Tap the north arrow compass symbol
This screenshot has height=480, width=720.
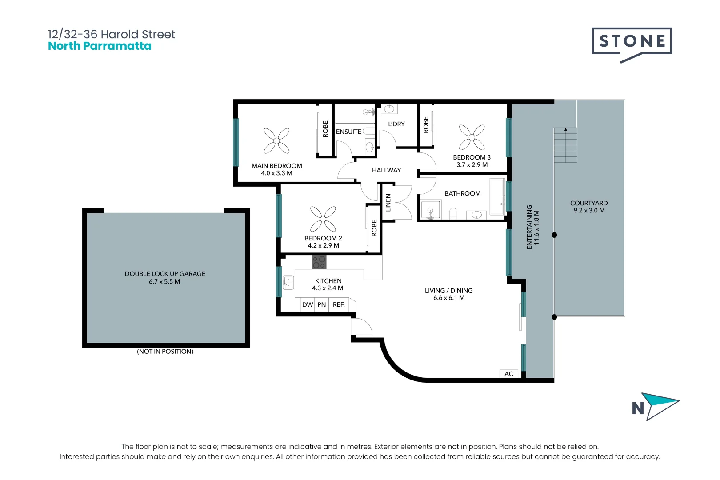[656, 406]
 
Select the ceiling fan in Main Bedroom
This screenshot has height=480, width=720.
[276, 140]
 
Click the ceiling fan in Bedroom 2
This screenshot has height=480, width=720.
[323, 219]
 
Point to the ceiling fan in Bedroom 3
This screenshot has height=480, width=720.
[472, 137]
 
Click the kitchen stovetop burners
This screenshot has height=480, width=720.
[319, 262]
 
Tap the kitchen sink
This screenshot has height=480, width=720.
[288, 282]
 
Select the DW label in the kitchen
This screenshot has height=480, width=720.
[308, 304]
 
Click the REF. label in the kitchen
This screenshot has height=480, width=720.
[339, 304]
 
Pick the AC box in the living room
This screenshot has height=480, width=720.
[509, 374]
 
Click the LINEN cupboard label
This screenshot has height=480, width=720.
[388, 203]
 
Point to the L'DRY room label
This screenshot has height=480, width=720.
[396, 124]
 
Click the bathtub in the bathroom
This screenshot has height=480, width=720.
[496, 196]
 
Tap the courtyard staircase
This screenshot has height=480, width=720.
[565, 145]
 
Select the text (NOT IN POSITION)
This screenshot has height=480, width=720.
[165, 352]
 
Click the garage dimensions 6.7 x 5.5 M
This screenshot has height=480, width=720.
[164, 282]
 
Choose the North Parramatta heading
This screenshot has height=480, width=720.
[100, 46]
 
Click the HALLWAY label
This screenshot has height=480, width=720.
[386, 170]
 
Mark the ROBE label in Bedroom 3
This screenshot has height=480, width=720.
[426, 125]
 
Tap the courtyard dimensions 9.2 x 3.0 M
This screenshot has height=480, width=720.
[589, 211]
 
